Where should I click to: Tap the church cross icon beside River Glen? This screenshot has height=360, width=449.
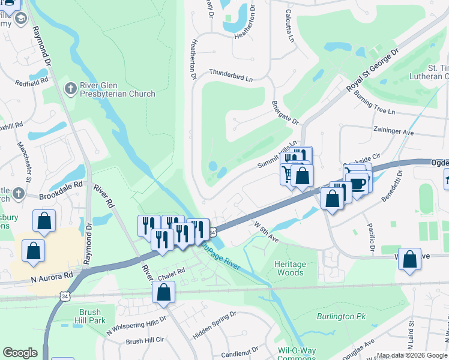70,89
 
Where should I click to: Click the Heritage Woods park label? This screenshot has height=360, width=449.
290,268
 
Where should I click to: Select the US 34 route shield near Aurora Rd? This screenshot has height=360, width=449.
64,296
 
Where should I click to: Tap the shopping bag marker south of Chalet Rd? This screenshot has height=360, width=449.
163,293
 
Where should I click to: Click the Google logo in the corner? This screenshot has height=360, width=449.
20,353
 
